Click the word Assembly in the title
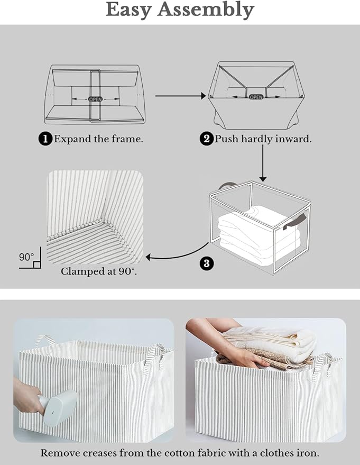click(209, 10)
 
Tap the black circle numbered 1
click(45, 139)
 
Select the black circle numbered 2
click(206, 139)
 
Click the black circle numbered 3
click(207, 263)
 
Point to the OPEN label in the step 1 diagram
click(96, 99)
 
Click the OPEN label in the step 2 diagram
click(256, 97)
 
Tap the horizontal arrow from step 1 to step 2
click(180, 96)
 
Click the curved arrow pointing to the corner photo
click(174, 254)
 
